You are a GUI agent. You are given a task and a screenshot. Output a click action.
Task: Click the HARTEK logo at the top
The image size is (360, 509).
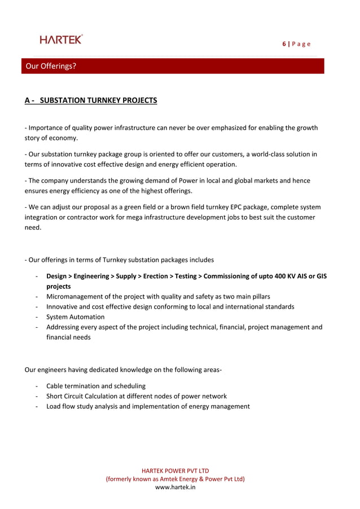(61, 39)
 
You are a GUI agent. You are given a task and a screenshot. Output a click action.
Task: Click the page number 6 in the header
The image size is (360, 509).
(284, 44)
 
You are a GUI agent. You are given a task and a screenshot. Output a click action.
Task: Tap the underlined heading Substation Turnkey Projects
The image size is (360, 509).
(91, 100)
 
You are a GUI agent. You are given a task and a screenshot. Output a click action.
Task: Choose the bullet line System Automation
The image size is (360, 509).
(75, 317)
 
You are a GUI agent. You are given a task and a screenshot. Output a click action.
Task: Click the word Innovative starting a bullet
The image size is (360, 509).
(63, 306)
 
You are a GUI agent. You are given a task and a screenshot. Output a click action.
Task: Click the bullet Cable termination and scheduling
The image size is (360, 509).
(95, 386)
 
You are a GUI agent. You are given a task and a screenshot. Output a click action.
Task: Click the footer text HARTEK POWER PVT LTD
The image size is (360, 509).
(175, 470)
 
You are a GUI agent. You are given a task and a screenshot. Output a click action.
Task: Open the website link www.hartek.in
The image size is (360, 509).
(175, 487)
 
